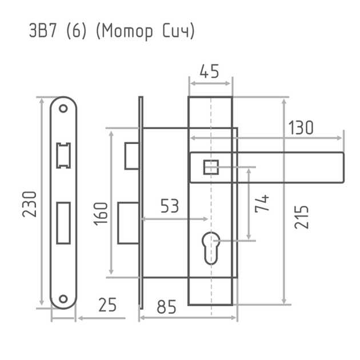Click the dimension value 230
[29, 204]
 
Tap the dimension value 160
[101, 214]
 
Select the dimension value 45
[209, 71]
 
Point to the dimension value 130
[301, 127]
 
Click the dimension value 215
[301, 217]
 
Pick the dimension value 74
[262, 203]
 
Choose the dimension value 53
[170, 206]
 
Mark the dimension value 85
[166, 307]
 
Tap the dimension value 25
[107, 305]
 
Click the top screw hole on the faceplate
[63, 109]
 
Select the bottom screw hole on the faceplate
[63, 299]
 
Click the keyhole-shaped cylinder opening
[211, 249]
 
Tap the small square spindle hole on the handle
[211, 167]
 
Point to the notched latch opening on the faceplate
[63, 155]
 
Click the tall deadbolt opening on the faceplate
[63, 223]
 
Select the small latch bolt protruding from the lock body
[132, 156]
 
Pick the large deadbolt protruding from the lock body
[129, 223]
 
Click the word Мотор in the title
[127, 31]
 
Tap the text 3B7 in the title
[43, 30]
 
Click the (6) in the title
[76, 31]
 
